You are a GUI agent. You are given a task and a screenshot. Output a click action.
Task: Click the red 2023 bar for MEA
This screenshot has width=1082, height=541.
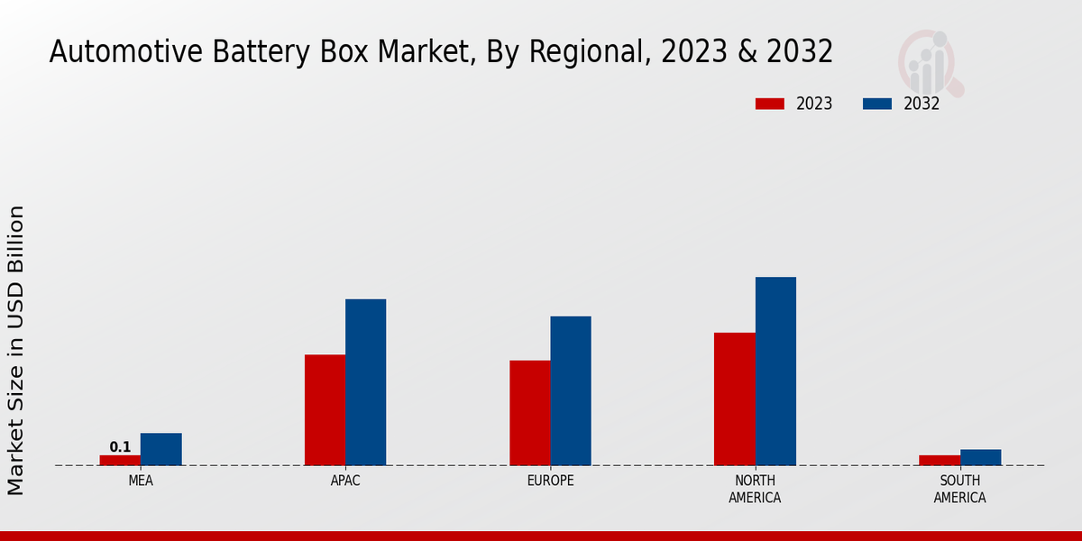coord(120,460)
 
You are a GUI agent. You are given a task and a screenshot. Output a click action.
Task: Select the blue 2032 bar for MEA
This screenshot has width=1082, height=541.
coord(160,449)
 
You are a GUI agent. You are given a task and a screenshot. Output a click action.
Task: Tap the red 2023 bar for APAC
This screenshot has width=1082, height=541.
coord(325,410)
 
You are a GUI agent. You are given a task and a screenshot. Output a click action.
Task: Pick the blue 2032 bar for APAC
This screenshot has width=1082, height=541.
coord(365,382)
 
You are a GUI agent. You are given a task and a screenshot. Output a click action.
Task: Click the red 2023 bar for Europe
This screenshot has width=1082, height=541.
coord(529,413)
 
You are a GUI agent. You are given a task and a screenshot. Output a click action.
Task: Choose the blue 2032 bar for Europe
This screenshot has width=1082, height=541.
coord(571,390)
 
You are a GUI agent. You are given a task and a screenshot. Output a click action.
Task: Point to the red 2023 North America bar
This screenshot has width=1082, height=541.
coord(734,399)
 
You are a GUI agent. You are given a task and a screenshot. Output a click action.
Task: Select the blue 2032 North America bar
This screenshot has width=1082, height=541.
coord(775,371)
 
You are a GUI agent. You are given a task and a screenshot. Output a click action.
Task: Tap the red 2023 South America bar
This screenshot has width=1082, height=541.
coord(940,460)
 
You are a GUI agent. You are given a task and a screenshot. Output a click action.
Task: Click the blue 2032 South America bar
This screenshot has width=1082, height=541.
coord(980,457)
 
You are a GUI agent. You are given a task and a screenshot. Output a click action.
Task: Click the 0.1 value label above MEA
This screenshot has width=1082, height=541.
coord(120,446)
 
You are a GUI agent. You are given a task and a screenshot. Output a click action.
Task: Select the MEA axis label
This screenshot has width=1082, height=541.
coord(141,481)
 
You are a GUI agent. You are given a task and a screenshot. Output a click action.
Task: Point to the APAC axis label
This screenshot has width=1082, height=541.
coord(345,481)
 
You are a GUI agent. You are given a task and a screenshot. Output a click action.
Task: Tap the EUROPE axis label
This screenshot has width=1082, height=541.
coord(550,481)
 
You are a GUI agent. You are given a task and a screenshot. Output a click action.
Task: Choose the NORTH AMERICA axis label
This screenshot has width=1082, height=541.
coord(755,489)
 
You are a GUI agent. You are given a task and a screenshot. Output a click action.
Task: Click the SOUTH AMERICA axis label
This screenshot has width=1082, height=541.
coord(959,489)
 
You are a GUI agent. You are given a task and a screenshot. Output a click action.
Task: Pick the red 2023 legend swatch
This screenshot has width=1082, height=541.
coord(769,104)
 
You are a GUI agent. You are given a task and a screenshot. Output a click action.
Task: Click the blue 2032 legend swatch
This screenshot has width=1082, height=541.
coord(876,104)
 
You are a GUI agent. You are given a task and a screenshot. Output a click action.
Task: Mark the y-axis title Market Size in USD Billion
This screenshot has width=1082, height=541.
coord(16,350)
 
